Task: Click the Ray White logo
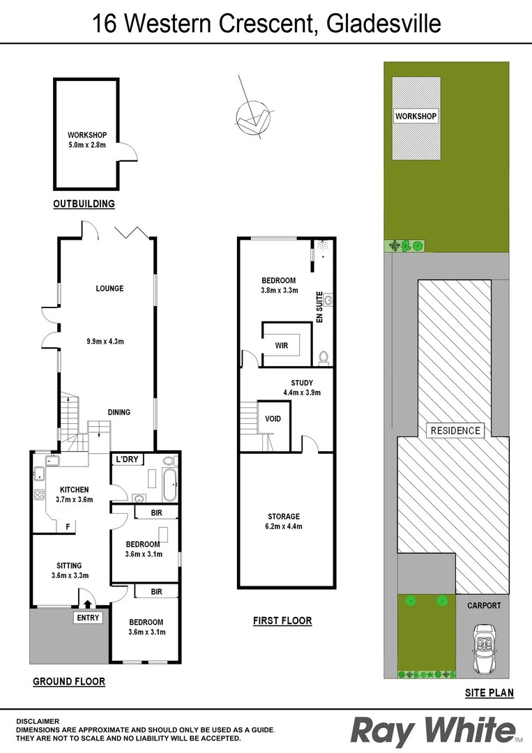pos(433,731)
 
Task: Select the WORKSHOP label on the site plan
pos(416,116)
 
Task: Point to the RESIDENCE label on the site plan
pos(455,430)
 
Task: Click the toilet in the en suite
pos(323,357)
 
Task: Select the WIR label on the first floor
pos(282,344)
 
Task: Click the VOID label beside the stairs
pos(273,419)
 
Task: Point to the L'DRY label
pos(127,459)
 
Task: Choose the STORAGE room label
pos(284,517)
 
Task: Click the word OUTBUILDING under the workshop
pos(84,204)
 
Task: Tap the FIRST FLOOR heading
pos(282,621)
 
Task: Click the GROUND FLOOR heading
pos(69,682)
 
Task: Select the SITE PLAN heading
pos(489,693)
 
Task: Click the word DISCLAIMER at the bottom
pos(37,721)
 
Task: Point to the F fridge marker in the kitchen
pos(68,526)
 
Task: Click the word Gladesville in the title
pos(381,24)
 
